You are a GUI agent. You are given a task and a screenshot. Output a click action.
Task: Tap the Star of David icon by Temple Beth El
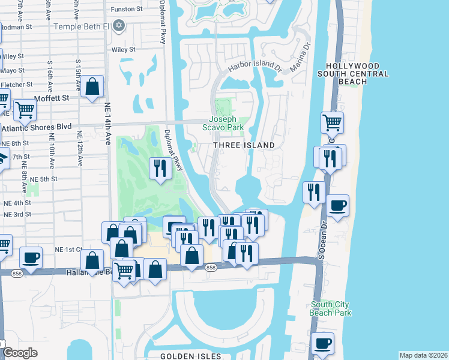[x=119, y=26]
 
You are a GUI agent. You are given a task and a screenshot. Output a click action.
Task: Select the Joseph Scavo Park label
[x=226, y=123]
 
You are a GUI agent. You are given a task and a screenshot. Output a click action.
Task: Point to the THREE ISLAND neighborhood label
[x=245, y=145]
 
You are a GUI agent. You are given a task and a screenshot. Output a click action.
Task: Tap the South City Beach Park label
[x=330, y=308]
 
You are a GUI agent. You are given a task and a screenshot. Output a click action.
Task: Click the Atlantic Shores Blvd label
[x=36, y=127]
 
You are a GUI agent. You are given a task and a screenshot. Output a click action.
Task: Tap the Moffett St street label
[x=52, y=97]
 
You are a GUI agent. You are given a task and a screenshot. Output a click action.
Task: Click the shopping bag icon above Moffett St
[x=93, y=86]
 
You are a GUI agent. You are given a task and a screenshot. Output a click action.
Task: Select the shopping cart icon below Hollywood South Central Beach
[x=332, y=122]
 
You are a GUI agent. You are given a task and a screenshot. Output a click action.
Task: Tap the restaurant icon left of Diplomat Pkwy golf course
[x=160, y=167]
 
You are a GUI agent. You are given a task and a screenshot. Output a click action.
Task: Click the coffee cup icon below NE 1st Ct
[x=31, y=257]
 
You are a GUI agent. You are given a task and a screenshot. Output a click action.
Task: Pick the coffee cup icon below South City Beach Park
[x=324, y=343]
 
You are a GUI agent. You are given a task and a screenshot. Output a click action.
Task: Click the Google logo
[x=19, y=353]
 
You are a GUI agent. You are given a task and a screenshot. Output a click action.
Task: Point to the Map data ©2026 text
[x=423, y=355]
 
